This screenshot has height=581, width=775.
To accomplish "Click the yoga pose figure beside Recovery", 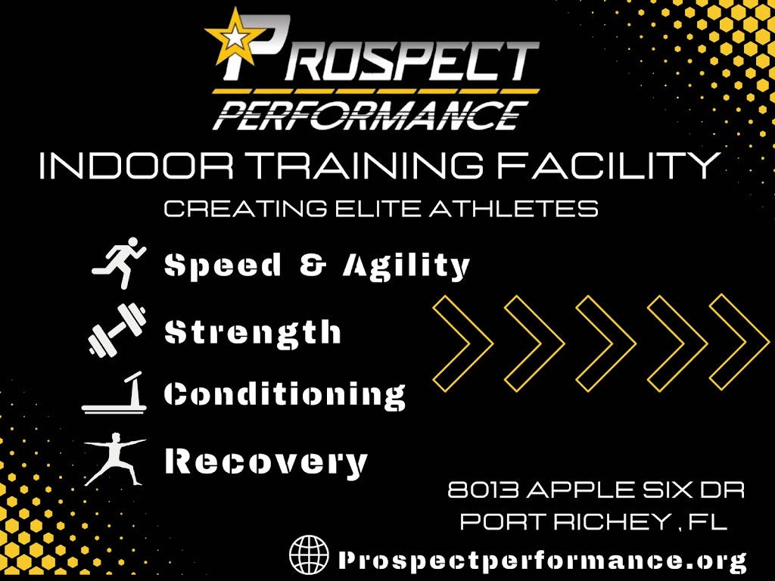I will coord(114,458).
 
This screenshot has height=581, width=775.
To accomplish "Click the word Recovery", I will coord(266,461).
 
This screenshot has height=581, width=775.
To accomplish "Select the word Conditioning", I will coord(285,396).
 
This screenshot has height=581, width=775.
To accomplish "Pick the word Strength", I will coord(253,332).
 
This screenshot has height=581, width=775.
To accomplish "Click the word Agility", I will coord(406,266).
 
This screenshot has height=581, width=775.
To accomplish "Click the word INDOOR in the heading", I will coord(110,166).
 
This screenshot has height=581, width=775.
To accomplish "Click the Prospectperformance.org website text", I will coord(542,560).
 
